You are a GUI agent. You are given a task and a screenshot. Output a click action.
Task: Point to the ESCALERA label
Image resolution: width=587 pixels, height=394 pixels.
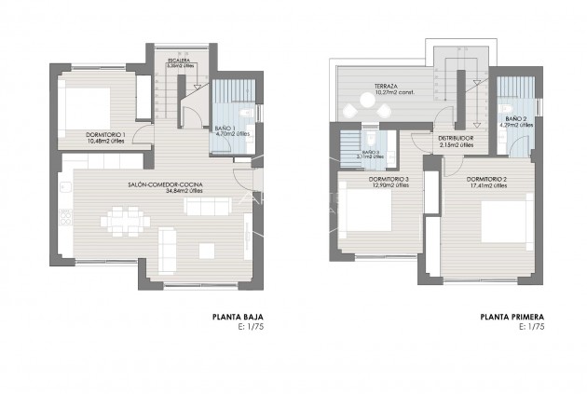pyautogui.click(x=179, y=61)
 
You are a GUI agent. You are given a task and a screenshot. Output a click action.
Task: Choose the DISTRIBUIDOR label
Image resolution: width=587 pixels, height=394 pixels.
pyautogui.click(x=456, y=138)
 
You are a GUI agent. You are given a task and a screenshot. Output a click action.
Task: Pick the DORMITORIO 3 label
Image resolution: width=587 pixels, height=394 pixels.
pyautogui.click(x=389, y=179)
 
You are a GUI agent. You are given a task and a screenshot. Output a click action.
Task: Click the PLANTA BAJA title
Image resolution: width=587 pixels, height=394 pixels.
pyautogui.click(x=244, y=317)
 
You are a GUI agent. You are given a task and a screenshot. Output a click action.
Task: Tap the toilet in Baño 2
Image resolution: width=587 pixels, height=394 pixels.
pyautogui.click(x=502, y=135)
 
